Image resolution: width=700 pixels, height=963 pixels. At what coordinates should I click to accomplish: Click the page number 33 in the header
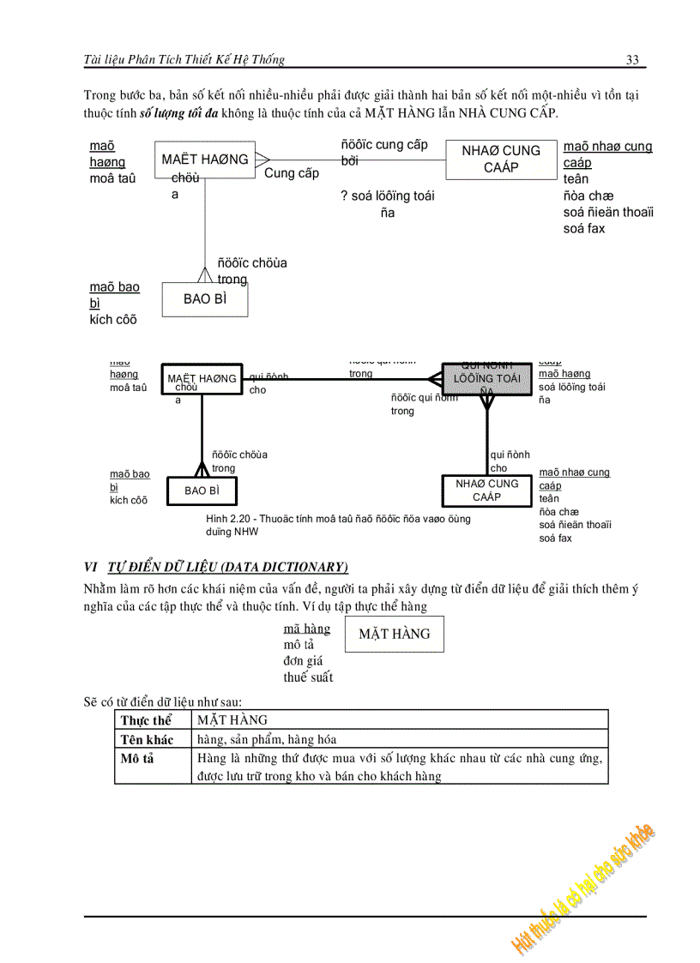pos(632,59)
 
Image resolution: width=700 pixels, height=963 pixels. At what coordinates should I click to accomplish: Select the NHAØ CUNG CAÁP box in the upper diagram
pos(501,159)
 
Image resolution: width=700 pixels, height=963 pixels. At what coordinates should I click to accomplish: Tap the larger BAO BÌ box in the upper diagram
pos(204,299)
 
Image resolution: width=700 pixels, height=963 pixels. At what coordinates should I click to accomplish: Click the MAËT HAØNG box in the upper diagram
pos(205,159)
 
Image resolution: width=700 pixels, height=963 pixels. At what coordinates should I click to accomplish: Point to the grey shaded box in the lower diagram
pos(486,377)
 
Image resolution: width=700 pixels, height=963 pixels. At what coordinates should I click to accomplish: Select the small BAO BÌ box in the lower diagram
pos(202,491)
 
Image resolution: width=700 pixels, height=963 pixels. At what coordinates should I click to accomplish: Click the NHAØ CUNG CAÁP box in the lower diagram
pos(486,491)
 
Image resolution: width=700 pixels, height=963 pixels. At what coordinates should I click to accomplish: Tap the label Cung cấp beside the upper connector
pos(291,173)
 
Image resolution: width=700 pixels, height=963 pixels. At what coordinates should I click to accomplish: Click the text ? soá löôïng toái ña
pos(388,204)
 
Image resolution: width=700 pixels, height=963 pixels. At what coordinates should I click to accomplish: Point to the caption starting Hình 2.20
pos(338,525)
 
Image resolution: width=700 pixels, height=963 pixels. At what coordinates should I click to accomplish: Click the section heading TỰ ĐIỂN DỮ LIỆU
pos(227,566)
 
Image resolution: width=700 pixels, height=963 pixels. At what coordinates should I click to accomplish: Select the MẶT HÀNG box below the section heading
pos(394,635)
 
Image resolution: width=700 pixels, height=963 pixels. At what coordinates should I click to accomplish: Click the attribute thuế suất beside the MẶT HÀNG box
pos(308,677)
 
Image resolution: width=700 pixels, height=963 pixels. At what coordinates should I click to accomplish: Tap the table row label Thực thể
pos(147,720)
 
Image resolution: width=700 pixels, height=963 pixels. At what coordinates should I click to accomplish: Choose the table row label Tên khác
pos(148,739)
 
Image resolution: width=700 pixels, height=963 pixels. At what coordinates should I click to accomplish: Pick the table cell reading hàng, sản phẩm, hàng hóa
pos(267,739)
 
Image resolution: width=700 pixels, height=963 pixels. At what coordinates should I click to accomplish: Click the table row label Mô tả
pos(137,758)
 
